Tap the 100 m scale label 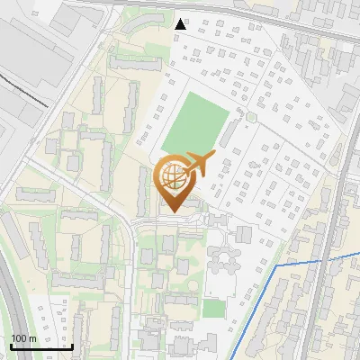click(x=24, y=338)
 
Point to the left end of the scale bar click(x=10, y=346)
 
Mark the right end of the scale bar click(x=72, y=346)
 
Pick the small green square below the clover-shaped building click(x=212, y=308)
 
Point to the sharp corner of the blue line click(x=274, y=266)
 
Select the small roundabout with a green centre click(x=252, y=117)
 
